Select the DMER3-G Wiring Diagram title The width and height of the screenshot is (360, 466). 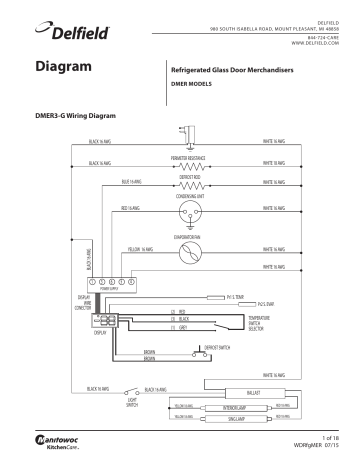[x=76, y=117]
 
